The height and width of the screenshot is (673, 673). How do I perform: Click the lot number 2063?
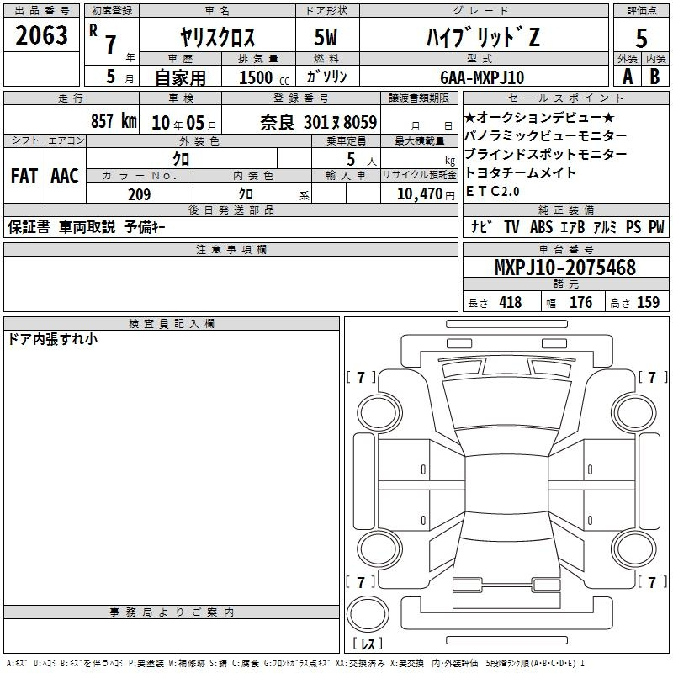click(41, 35)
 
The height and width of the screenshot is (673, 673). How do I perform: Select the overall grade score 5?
click(641, 39)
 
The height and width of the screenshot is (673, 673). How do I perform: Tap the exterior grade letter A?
click(628, 77)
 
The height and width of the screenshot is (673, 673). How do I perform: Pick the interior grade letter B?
click(654, 77)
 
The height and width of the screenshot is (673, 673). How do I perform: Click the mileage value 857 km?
click(114, 120)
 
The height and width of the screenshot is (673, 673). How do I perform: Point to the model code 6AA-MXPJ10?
click(482, 77)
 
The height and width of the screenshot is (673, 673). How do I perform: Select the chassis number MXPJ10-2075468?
click(565, 268)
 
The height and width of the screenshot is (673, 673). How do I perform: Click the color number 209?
click(139, 194)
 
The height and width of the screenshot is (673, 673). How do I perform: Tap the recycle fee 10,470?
click(419, 193)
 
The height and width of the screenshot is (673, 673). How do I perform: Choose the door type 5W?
click(326, 37)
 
